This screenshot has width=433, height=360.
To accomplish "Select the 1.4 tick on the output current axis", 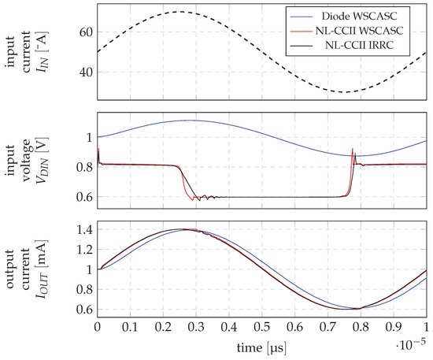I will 80,229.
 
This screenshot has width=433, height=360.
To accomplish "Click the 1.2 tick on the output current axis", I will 80,249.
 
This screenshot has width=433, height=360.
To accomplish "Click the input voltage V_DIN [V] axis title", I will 24,164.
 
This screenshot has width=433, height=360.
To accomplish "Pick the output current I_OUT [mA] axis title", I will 24,268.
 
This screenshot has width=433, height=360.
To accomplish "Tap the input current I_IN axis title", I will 24,53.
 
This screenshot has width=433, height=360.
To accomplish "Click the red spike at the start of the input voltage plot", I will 98,149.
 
